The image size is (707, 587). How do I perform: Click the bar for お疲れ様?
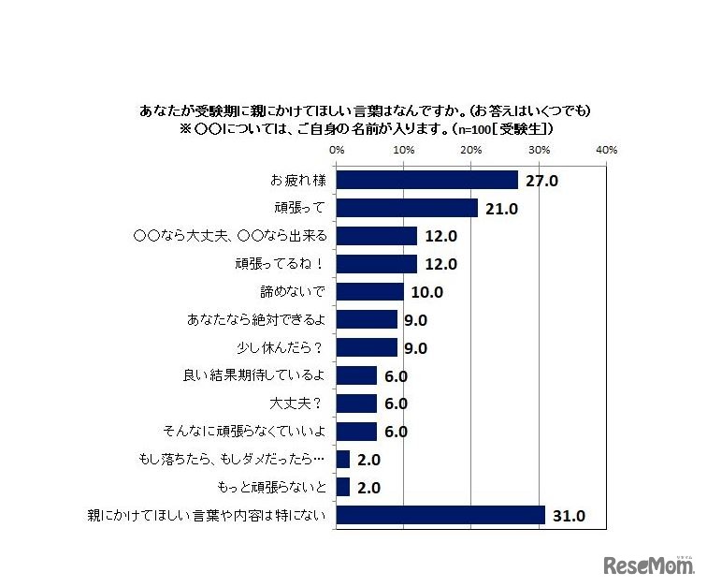coord(426,180)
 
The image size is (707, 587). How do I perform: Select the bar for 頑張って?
coord(407,208)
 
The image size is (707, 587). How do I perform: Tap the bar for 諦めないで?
coord(369,291)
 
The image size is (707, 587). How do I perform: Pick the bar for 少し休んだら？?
coord(367,347)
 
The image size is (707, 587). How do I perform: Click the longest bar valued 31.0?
coord(440,515)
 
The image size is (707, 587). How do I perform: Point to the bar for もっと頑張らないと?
coord(342,487)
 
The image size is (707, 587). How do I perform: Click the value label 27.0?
coord(541,181)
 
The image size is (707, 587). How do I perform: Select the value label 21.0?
coord(501,209)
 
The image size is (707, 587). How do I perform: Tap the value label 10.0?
coord(426,292)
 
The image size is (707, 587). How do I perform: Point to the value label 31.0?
coord(569,516)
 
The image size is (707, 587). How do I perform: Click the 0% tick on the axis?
coord(337,149)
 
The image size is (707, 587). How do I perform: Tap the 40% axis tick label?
coord(605,149)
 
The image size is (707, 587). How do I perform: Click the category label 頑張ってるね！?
coord(281,264)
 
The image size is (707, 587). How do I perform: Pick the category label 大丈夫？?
coord(297,404)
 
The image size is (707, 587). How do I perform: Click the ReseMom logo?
coord(649,565)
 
